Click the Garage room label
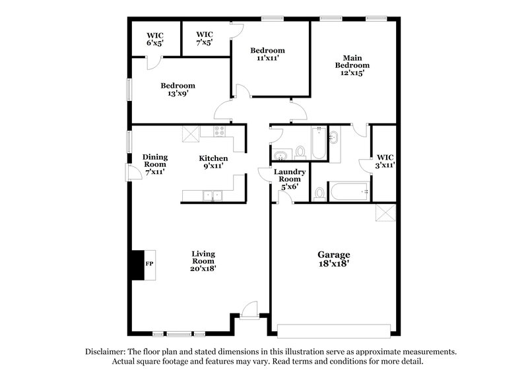[x=333, y=259]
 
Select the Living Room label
[x=203, y=261]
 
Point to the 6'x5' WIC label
[x=155, y=38]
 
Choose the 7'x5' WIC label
[x=205, y=38]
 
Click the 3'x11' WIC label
[x=385, y=161]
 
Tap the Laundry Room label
[x=290, y=178]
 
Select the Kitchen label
[x=214, y=162]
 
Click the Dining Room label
[x=155, y=164]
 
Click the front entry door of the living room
[x=249, y=309]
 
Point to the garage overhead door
[x=337, y=330]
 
